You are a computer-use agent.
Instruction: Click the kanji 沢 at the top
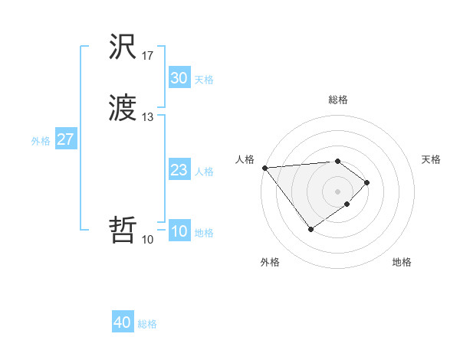pyautogui.click(x=123, y=47)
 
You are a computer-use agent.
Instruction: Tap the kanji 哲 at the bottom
pyautogui.click(x=123, y=229)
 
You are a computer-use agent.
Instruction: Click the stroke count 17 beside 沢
pyautogui.click(x=148, y=56)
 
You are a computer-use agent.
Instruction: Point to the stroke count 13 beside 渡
pyautogui.click(x=148, y=117)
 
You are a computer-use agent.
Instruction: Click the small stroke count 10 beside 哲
pyautogui.click(x=148, y=240)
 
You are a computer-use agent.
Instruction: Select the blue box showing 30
pyautogui.click(x=179, y=78)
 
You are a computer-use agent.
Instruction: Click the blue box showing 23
pyautogui.click(x=179, y=170)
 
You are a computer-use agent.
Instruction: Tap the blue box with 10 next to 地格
pyautogui.click(x=179, y=231)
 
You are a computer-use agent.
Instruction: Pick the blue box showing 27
pyautogui.click(x=65, y=139)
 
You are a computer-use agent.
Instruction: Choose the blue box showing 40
pyautogui.click(x=123, y=322)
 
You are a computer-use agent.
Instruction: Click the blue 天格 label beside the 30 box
pyautogui.click(x=204, y=80)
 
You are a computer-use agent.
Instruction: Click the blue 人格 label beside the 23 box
pyautogui.click(x=204, y=172)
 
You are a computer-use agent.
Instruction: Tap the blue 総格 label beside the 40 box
pyautogui.click(x=147, y=324)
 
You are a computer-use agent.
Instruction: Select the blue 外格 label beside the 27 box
pyautogui.click(x=41, y=141)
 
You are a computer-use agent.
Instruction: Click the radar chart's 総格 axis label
pyautogui.click(x=338, y=100)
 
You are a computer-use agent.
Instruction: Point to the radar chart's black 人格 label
pyautogui.click(x=245, y=159)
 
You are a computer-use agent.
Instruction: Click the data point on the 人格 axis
pyautogui.click(x=264, y=168)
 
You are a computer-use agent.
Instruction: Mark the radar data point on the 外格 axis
pyautogui.click(x=310, y=229)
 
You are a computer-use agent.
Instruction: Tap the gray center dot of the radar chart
pyautogui.click(x=338, y=191)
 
